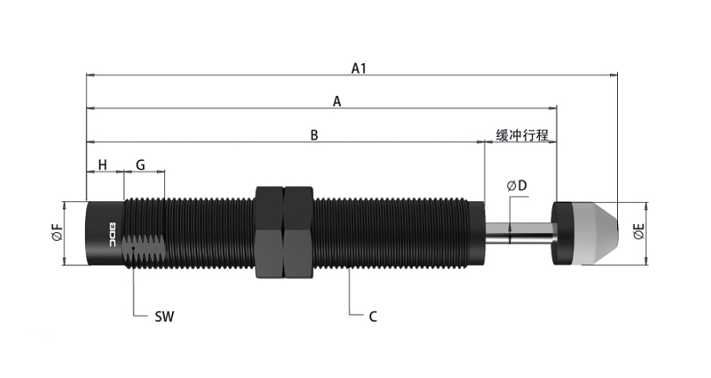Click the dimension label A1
pos(358,68)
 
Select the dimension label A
pos(336,102)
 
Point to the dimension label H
pos(102,165)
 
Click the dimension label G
pos(140,165)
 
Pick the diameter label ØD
pos(516,185)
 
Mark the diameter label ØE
pos(639,233)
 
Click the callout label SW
pos(163,316)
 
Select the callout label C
pos(372,316)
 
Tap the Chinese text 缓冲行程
pos(521,135)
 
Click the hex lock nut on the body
pos(284,233)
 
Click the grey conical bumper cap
pos(592,233)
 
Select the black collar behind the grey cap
pos(562,233)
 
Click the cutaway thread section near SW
pos(143,251)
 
